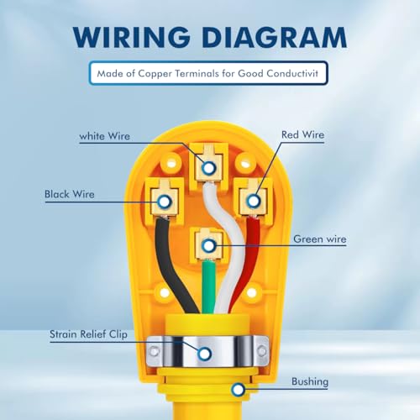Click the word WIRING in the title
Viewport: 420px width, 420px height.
(132, 37)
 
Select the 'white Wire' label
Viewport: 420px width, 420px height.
(105, 136)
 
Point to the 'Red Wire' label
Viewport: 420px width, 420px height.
(303, 134)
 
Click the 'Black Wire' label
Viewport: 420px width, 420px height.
(70, 194)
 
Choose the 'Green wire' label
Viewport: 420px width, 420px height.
(320, 239)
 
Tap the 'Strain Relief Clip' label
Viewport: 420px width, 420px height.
(88, 334)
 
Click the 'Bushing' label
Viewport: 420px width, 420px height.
(310, 381)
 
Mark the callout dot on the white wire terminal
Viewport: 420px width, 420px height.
(208, 168)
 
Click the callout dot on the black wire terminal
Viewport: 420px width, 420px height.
(164, 202)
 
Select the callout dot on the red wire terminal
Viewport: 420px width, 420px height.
(254, 201)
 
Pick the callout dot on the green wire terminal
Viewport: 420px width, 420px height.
(208, 246)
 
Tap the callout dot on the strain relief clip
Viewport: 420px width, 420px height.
(204, 354)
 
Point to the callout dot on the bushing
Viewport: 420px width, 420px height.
(238, 390)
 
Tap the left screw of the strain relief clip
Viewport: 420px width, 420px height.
(154, 351)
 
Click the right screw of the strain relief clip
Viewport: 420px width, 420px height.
(262, 350)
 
